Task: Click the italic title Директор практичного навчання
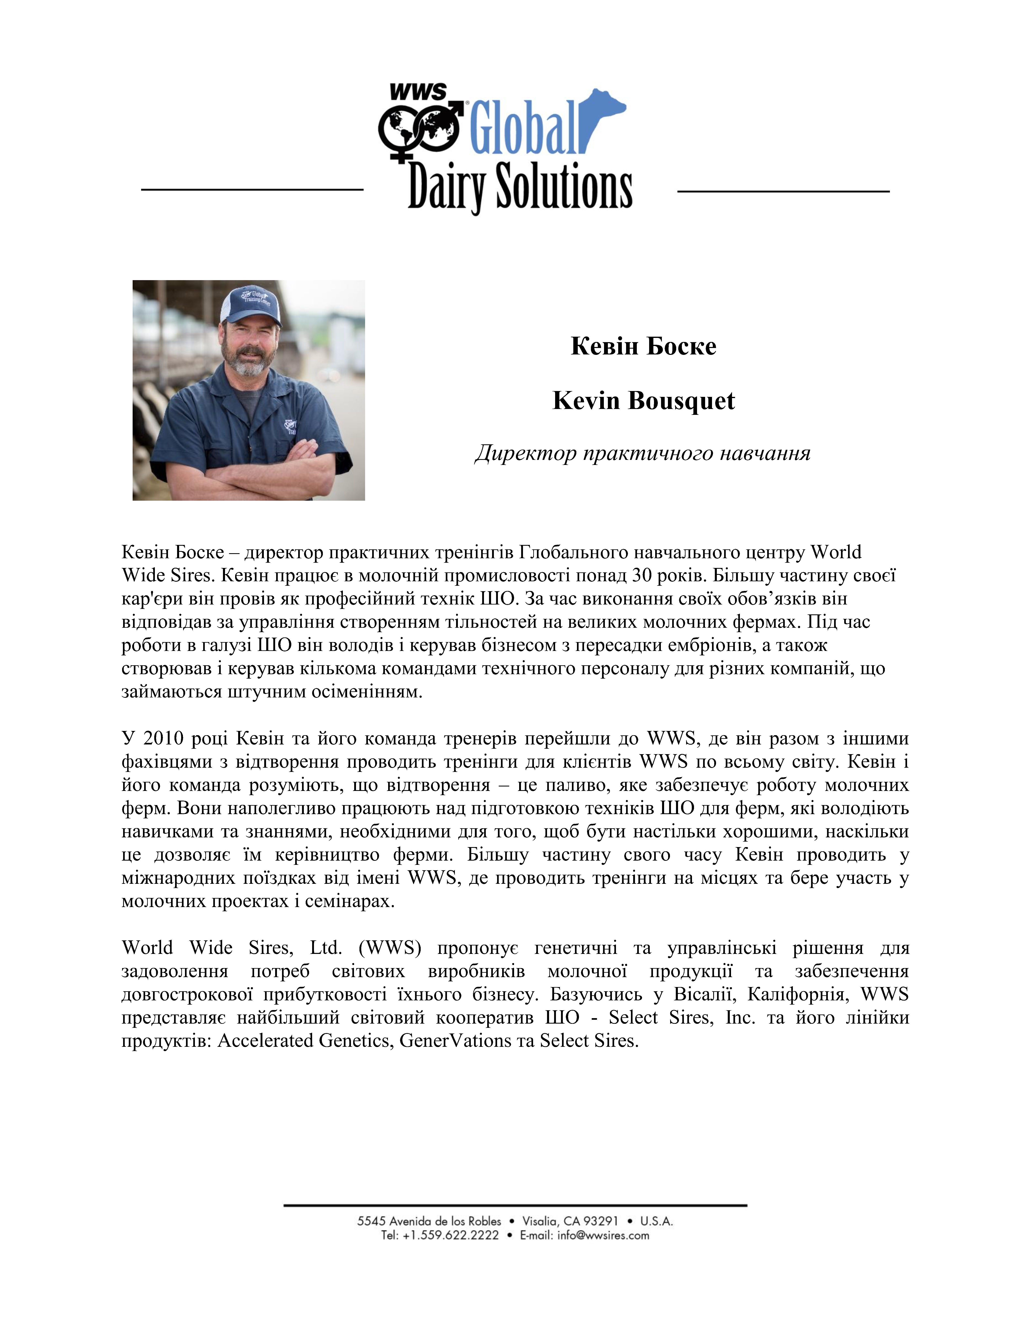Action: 642,453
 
